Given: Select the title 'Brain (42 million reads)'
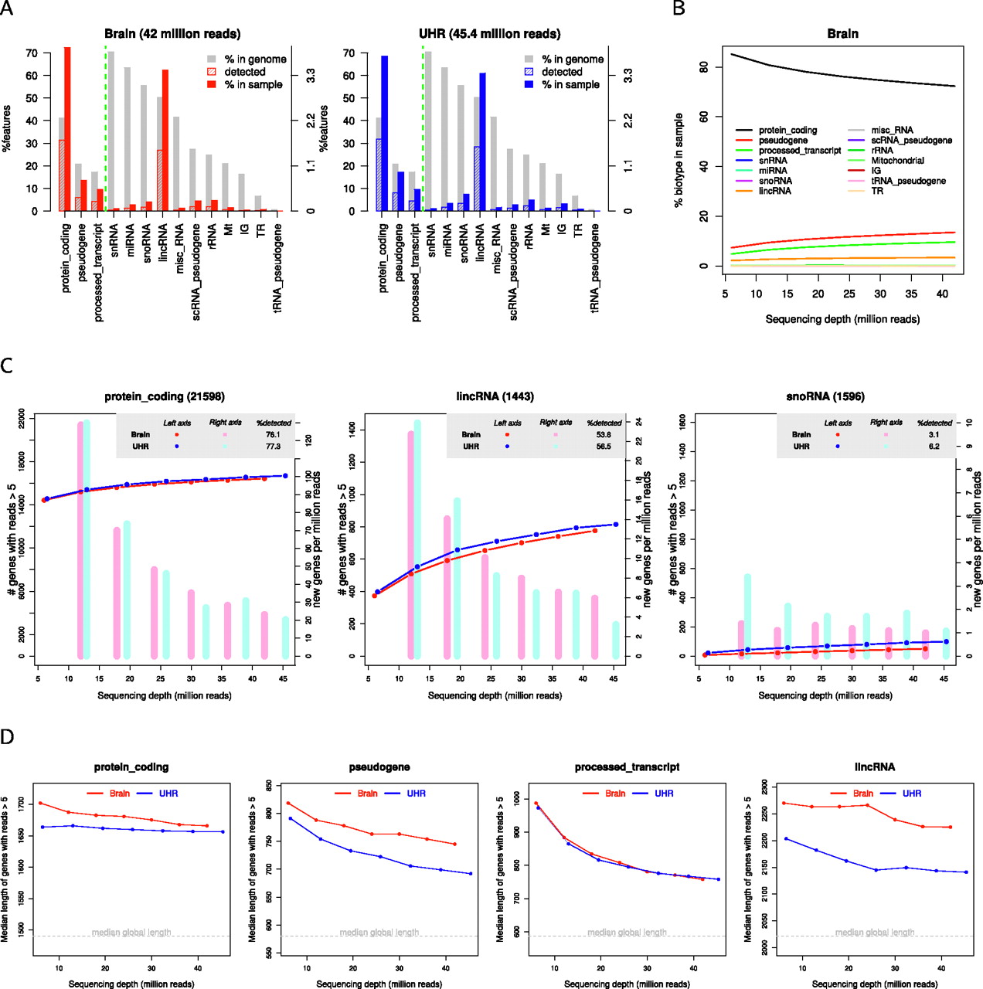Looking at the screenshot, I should point(172,34).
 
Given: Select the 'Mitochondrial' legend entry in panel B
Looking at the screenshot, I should point(897,161).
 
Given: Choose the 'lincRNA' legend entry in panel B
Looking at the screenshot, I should point(774,191).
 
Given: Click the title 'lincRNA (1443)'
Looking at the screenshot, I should point(495,397).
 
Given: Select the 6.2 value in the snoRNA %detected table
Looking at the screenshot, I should point(934,447).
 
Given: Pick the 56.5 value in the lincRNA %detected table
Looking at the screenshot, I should point(604,447).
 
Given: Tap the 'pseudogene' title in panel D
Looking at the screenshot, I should point(379,767).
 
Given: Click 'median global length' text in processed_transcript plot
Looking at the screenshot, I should point(627,933).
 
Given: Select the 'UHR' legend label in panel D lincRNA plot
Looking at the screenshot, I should point(912,794).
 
